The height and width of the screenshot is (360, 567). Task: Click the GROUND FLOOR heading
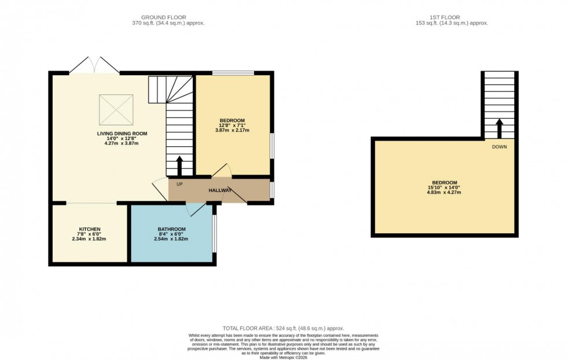(x=168, y=17)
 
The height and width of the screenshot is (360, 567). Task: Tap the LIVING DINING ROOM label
(x=122, y=133)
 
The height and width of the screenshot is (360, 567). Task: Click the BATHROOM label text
(x=171, y=229)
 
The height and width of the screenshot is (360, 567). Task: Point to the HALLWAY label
(x=220, y=190)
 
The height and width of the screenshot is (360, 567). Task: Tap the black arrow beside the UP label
(x=179, y=166)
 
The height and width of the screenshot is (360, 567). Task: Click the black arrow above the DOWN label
(x=498, y=128)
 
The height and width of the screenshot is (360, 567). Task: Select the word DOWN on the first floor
(x=499, y=147)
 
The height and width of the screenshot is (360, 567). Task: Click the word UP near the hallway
(x=179, y=185)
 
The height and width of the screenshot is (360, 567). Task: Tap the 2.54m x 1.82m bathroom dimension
(x=171, y=238)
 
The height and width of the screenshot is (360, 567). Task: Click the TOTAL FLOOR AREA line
(x=283, y=328)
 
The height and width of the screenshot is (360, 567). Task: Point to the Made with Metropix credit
(x=283, y=357)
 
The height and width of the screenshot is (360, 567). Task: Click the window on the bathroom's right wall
(x=214, y=233)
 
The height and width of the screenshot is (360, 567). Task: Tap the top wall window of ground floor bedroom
(x=233, y=73)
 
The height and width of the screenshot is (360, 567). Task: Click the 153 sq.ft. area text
(x=444, y=23)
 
